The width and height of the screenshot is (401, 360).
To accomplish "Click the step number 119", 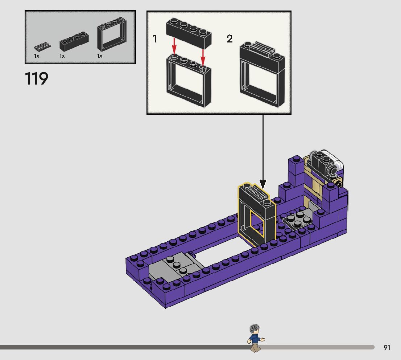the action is tap(37, 78).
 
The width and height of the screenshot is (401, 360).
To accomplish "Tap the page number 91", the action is tap(387, 347).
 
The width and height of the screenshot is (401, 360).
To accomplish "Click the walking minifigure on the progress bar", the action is tap(256, 338).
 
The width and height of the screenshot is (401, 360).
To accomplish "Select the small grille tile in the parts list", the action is tap(42, 46).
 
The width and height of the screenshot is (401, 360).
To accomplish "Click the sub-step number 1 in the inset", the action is tap(154, 39).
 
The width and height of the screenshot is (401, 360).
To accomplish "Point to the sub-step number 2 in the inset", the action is tap(230, 39).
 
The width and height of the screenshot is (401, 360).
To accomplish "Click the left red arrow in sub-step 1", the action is tap(174, 46).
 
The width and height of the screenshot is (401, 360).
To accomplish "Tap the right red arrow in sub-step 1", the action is tap(203, 57).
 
